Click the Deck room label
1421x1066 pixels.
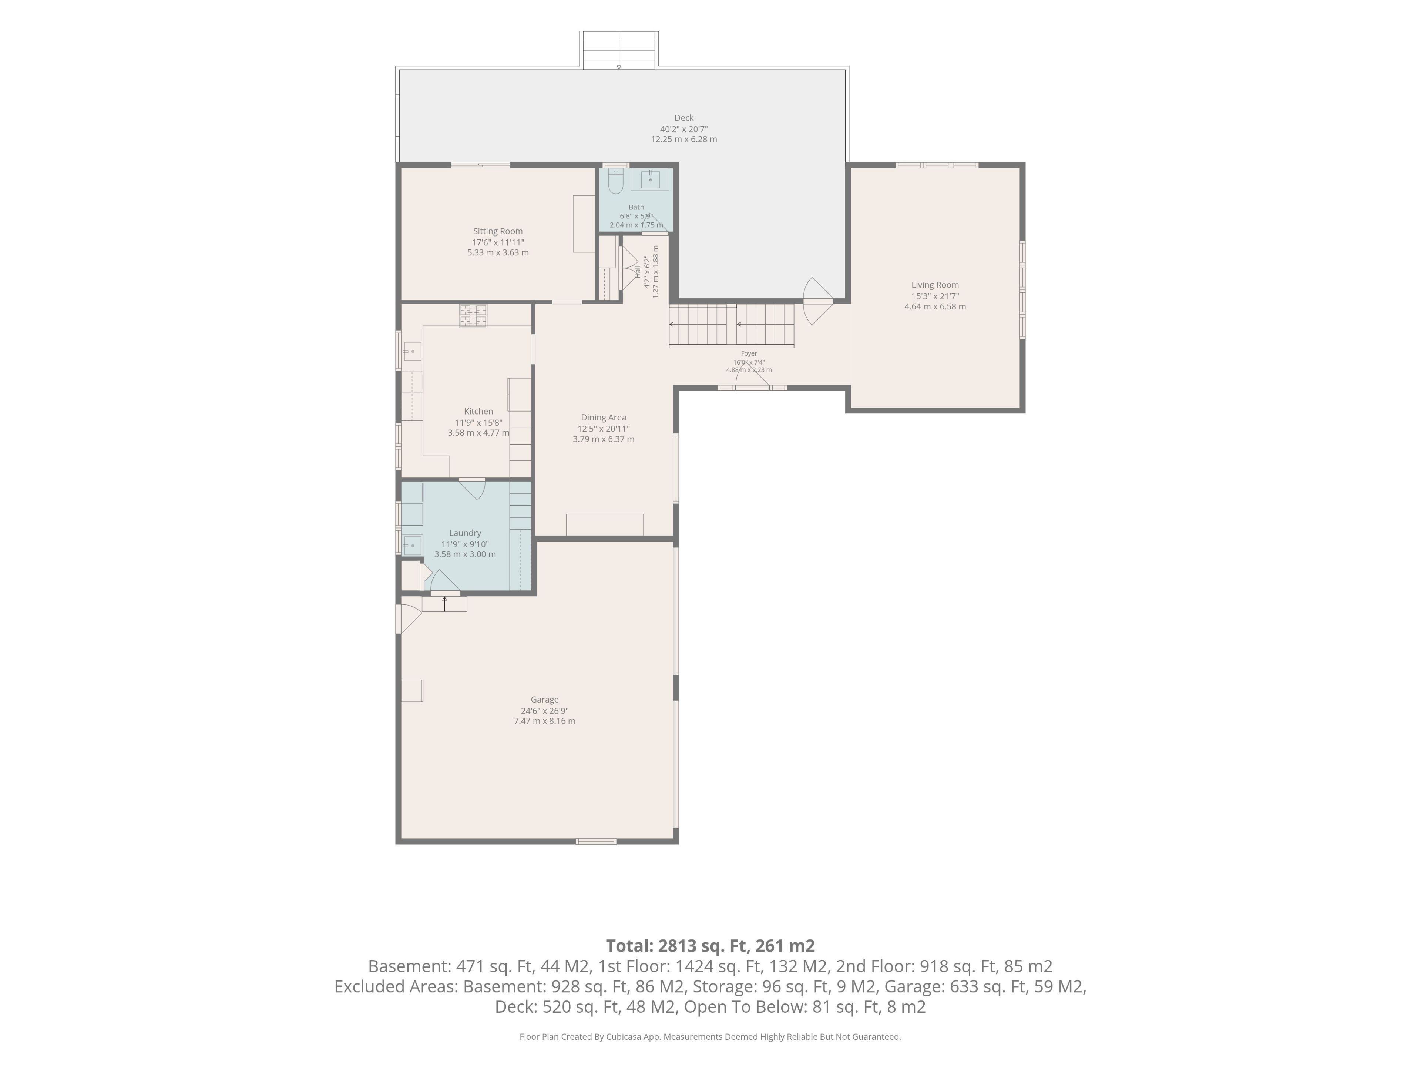pyautogui.click(x=683, y=118)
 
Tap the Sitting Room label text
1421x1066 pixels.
pyautogui.click(x=498, y=231)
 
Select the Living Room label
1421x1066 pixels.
pyautogui.click(x=935, y=285)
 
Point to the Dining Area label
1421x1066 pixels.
pyautogui.click(x=603, y=418)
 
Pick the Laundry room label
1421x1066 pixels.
pyautogui.click(x=465, y=533)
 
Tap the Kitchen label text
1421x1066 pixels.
pyautogui.click(x=478, y=411)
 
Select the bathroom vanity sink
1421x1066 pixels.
pyautogui.click(x=650, y=179)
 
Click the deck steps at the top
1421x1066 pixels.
pyautogui.click(x=619, y=50)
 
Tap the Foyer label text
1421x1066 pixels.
pyautogui.click(x=749, y=353)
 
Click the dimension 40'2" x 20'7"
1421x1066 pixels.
pyautogui.click(x=683, y=128)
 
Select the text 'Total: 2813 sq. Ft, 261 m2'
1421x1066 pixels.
pyautogui.click(x=710, y=946)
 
